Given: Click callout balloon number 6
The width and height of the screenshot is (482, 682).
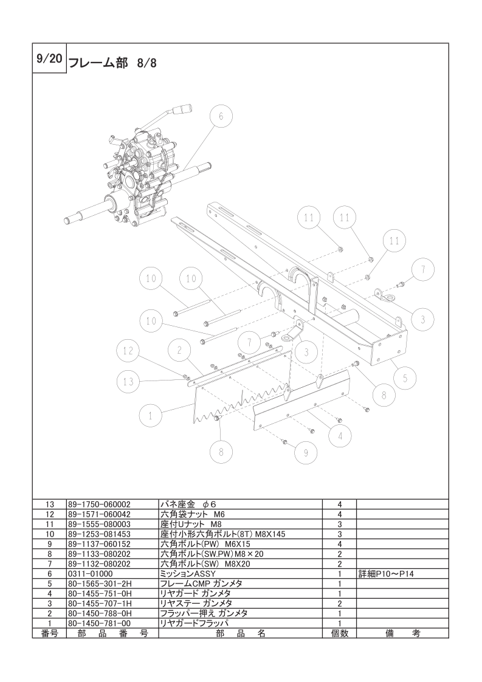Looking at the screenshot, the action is [x=221, y=117].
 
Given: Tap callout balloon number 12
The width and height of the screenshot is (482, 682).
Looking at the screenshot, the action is [x=128, y=351].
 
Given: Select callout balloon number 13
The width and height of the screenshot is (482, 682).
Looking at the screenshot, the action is [x=128, y=382].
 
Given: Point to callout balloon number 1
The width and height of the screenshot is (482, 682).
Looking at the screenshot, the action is [x=151, y=416].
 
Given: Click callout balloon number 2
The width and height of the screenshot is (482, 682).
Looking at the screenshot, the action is [x=179, y=351].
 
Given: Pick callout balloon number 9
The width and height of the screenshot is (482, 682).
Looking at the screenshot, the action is [x=305, y=453].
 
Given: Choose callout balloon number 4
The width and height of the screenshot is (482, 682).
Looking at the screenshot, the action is [x=340, y=435].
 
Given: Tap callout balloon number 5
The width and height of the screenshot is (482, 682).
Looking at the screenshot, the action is [x=405, y=379].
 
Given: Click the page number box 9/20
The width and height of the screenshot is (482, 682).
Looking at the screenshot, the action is [x=49, y=59].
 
